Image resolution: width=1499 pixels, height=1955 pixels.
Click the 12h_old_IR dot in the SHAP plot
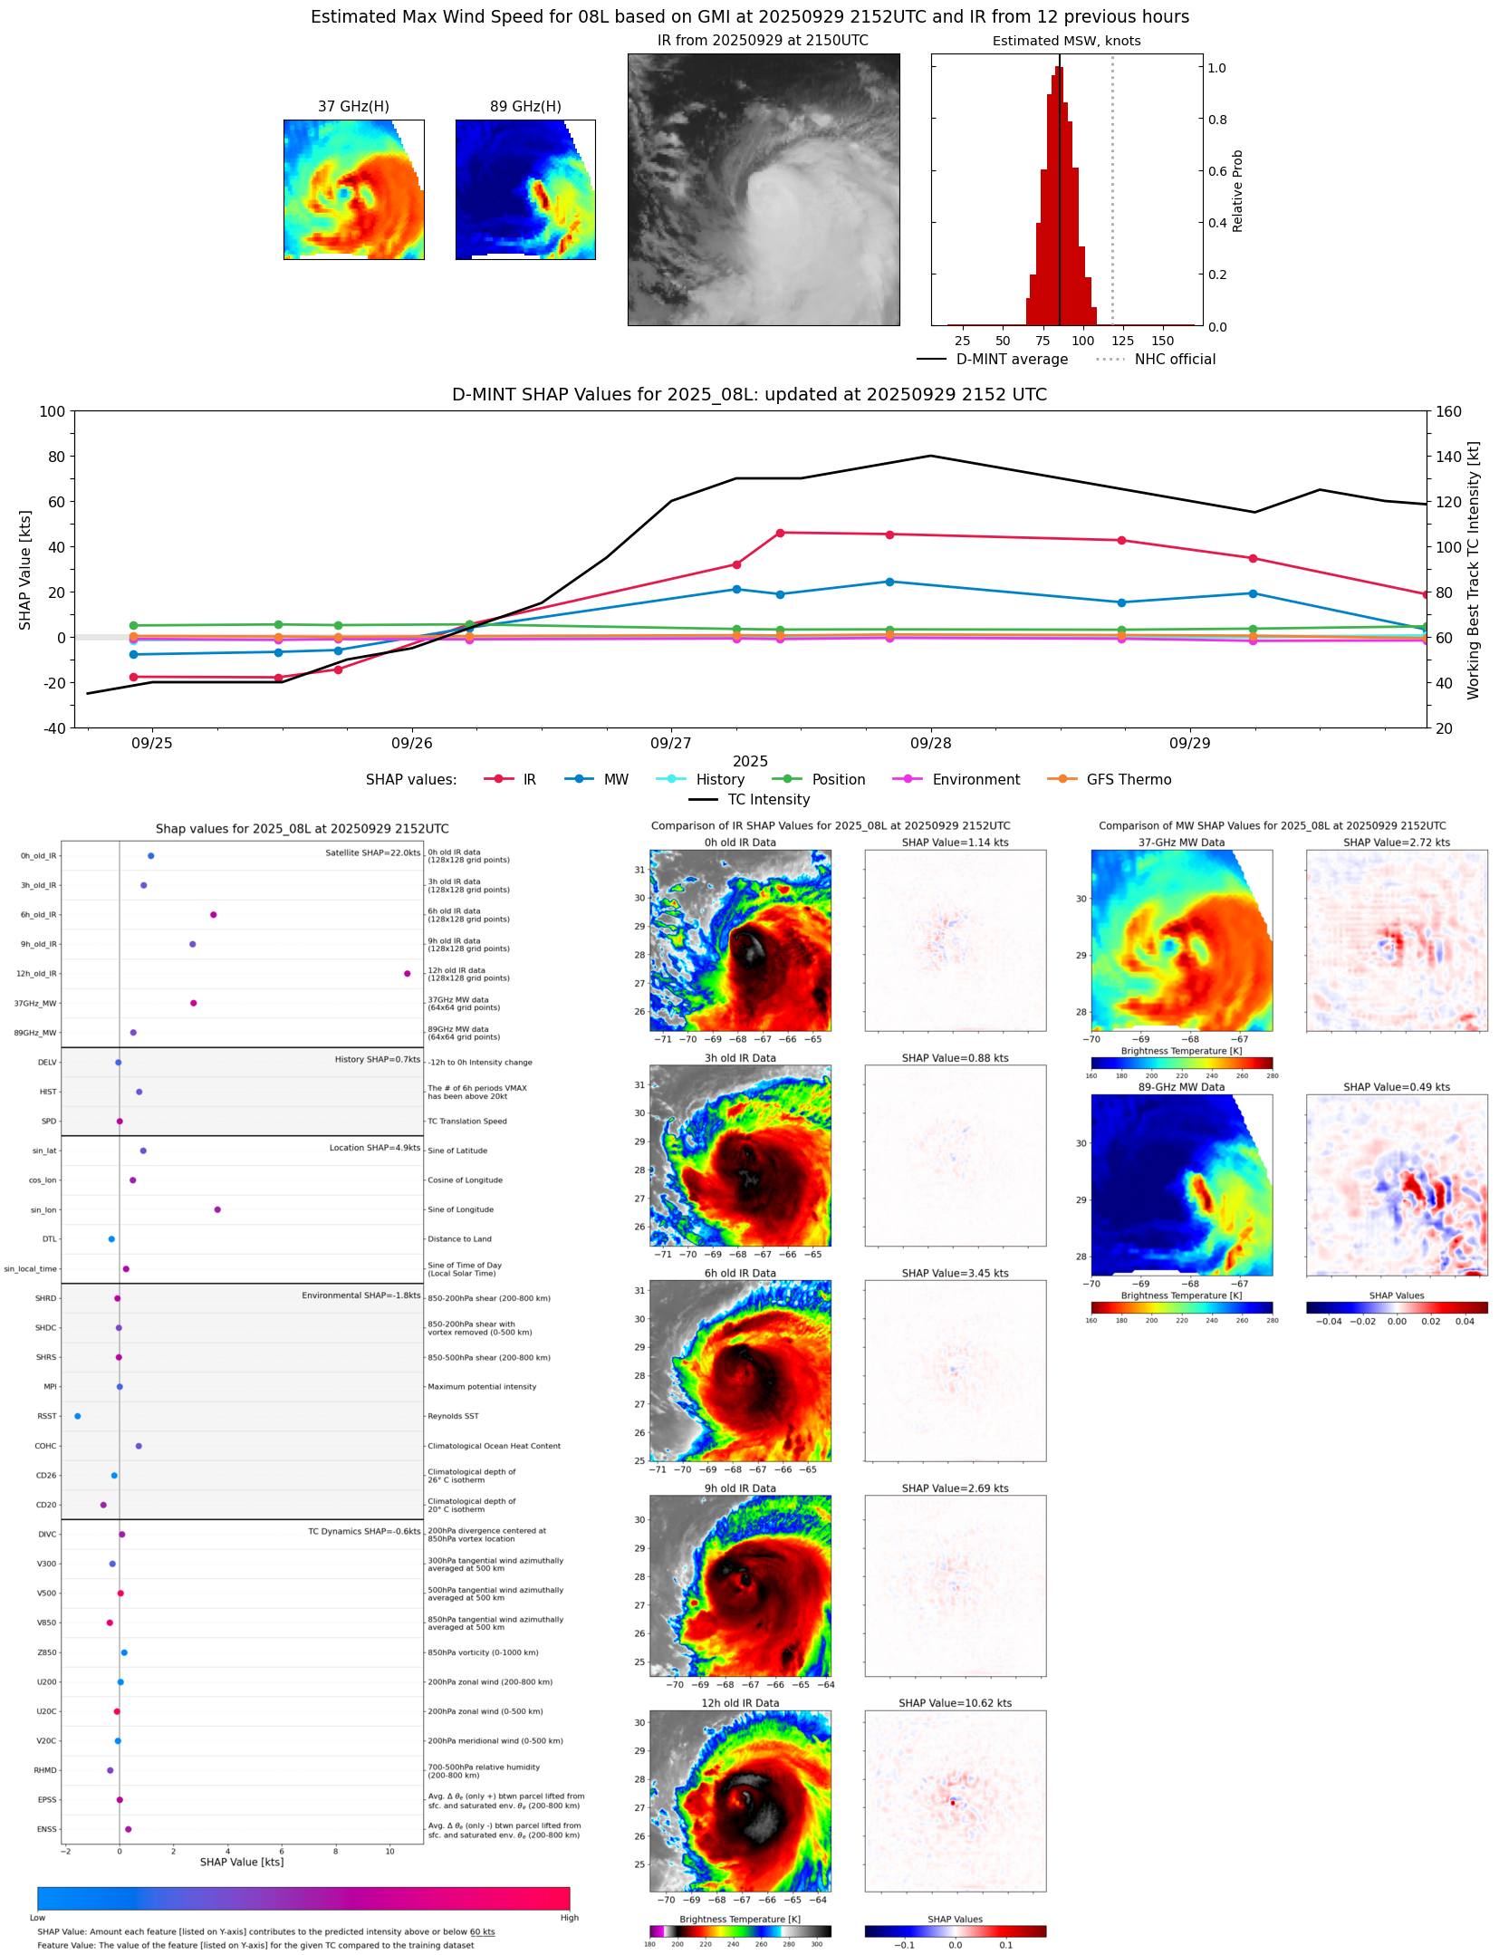click(x=407, y=973)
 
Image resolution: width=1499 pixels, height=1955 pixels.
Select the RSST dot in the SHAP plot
click(x=77, y=1416)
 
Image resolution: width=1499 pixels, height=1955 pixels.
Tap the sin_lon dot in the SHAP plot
click(x=217, y=1209)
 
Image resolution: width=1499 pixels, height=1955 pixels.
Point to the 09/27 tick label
click(x=670, y=743)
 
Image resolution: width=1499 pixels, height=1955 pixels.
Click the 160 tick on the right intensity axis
click(x=1448, y=411)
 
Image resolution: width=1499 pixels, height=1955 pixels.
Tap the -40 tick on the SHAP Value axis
click(x=53, y=727)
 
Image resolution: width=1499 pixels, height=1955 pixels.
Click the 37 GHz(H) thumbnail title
click(x=353, y=106)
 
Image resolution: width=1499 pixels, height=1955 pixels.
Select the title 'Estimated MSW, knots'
click(x=1066, y=41)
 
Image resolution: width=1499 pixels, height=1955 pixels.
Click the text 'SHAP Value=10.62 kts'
click(x=955, y=1703)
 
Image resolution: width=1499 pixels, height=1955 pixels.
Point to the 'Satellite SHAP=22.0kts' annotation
click(x=372, y=852)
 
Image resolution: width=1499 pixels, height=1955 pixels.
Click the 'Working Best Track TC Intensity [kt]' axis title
click(x=1474, y=570)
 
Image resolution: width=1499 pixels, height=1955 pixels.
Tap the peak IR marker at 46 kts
click(x=780, y=533)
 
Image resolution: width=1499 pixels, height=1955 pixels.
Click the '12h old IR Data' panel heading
click(x=740, y=1703)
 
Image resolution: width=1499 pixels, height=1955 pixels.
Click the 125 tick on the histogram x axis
click(x=1122, y=341)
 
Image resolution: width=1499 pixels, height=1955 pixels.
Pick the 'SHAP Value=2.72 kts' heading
click(x=1396, y=843)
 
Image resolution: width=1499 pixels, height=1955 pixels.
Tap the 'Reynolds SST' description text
click(x=453, y=1416)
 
